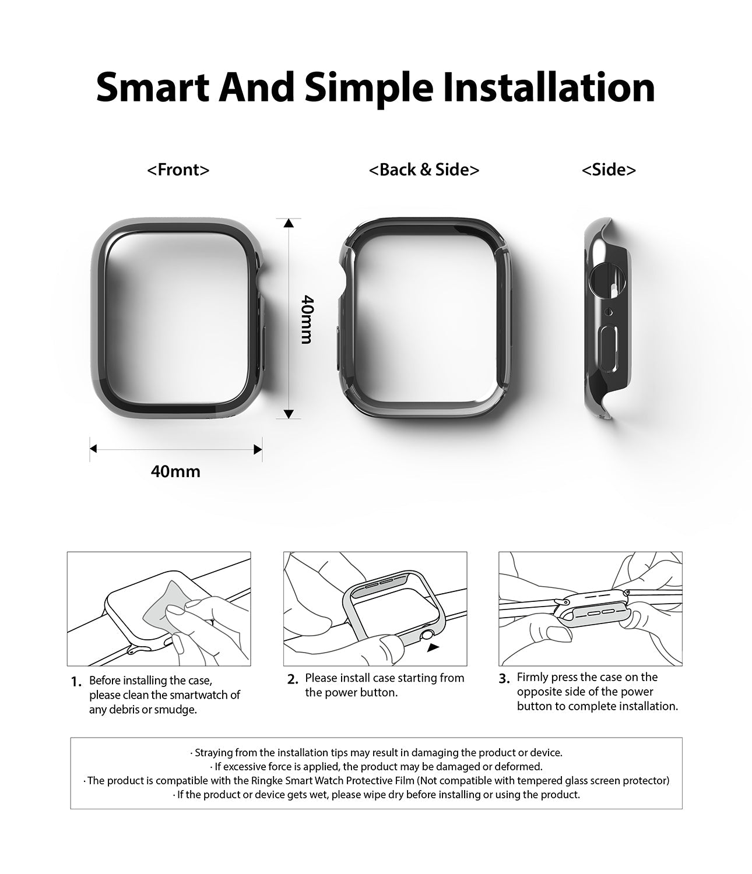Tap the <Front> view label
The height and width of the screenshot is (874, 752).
178,170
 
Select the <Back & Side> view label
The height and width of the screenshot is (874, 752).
424,170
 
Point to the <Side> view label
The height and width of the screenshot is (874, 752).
609,170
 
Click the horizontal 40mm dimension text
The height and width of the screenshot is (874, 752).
175,471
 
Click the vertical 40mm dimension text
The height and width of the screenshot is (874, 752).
307,319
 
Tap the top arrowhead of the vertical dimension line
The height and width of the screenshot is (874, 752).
289,223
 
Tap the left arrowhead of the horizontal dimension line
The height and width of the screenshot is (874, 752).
93,449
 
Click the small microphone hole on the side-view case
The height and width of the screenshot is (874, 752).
609,312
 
